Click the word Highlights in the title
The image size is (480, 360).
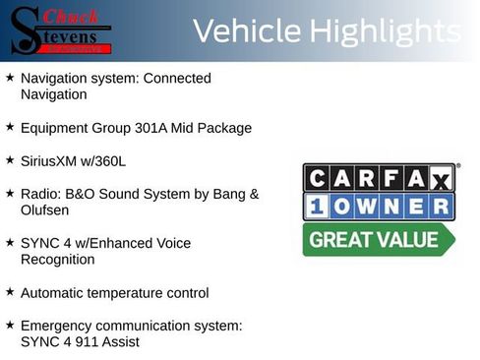[x=385, y=31]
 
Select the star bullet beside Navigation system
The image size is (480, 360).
[x=10, y=78]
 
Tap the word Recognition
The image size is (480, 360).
[x=57, y=260]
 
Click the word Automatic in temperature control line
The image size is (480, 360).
[x=53, y=293]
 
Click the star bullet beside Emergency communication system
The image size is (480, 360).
[x=10, y=326]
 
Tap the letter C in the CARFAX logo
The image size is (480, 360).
[x=317, y=178]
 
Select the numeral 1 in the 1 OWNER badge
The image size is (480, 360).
[x=317, y=207]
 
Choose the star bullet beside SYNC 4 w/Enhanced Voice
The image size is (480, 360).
[x=10, y=243]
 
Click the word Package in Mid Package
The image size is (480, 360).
[x=225, y=128]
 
